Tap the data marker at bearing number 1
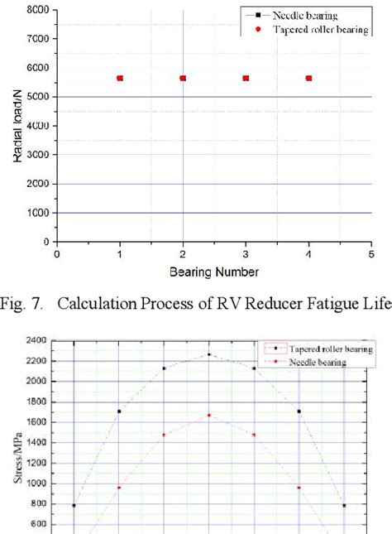click(x=120, y=78)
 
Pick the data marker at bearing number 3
click(x=246, y=78)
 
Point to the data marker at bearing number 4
click(x=308, y=78)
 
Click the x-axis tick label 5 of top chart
click(x=371, y=254)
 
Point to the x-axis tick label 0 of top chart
click(x=56, y=254)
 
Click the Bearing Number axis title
click(x=213, y=272)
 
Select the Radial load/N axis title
click(x=17, y=125)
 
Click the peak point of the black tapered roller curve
click(x=208, y=354)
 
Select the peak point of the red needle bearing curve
click(x=208, y=415)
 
